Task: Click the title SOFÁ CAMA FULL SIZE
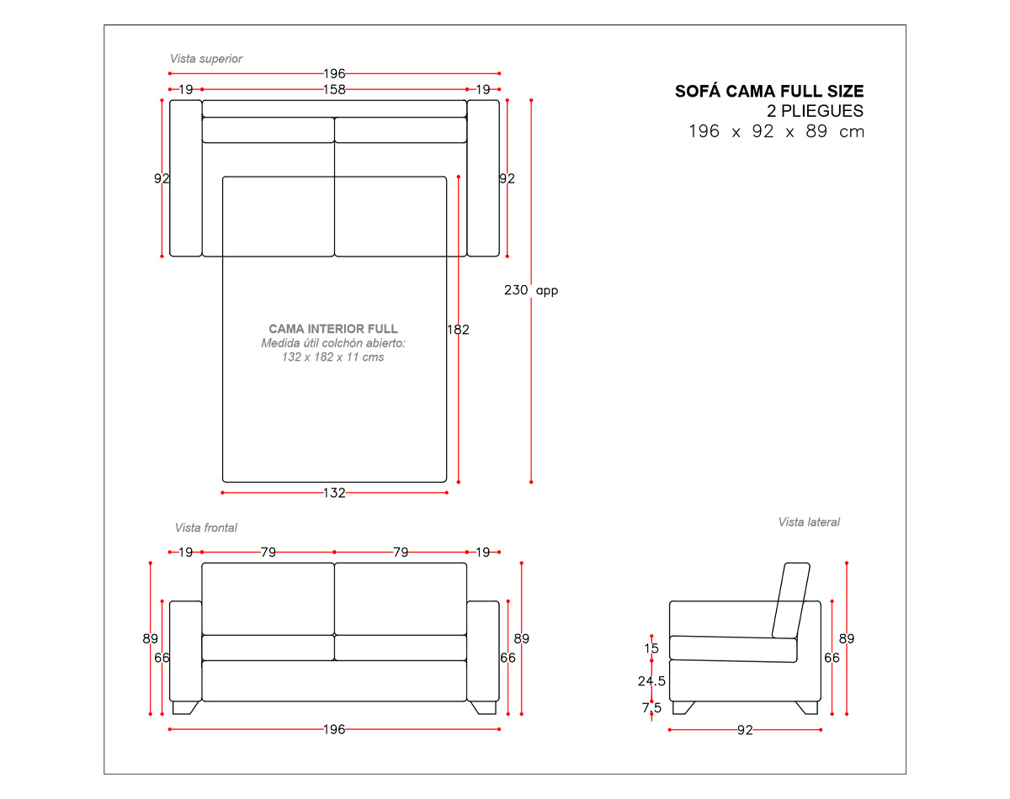(768, 91)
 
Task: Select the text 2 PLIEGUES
(815, 111)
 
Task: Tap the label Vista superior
(206, 59)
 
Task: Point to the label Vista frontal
(206, 528)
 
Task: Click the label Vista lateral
(809, 521)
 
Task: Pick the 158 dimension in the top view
(334, 89)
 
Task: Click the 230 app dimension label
(531, 290)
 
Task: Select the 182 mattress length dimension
(458, 330)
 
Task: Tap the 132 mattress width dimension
(334, 493)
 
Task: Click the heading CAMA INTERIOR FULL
(332, 328)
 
